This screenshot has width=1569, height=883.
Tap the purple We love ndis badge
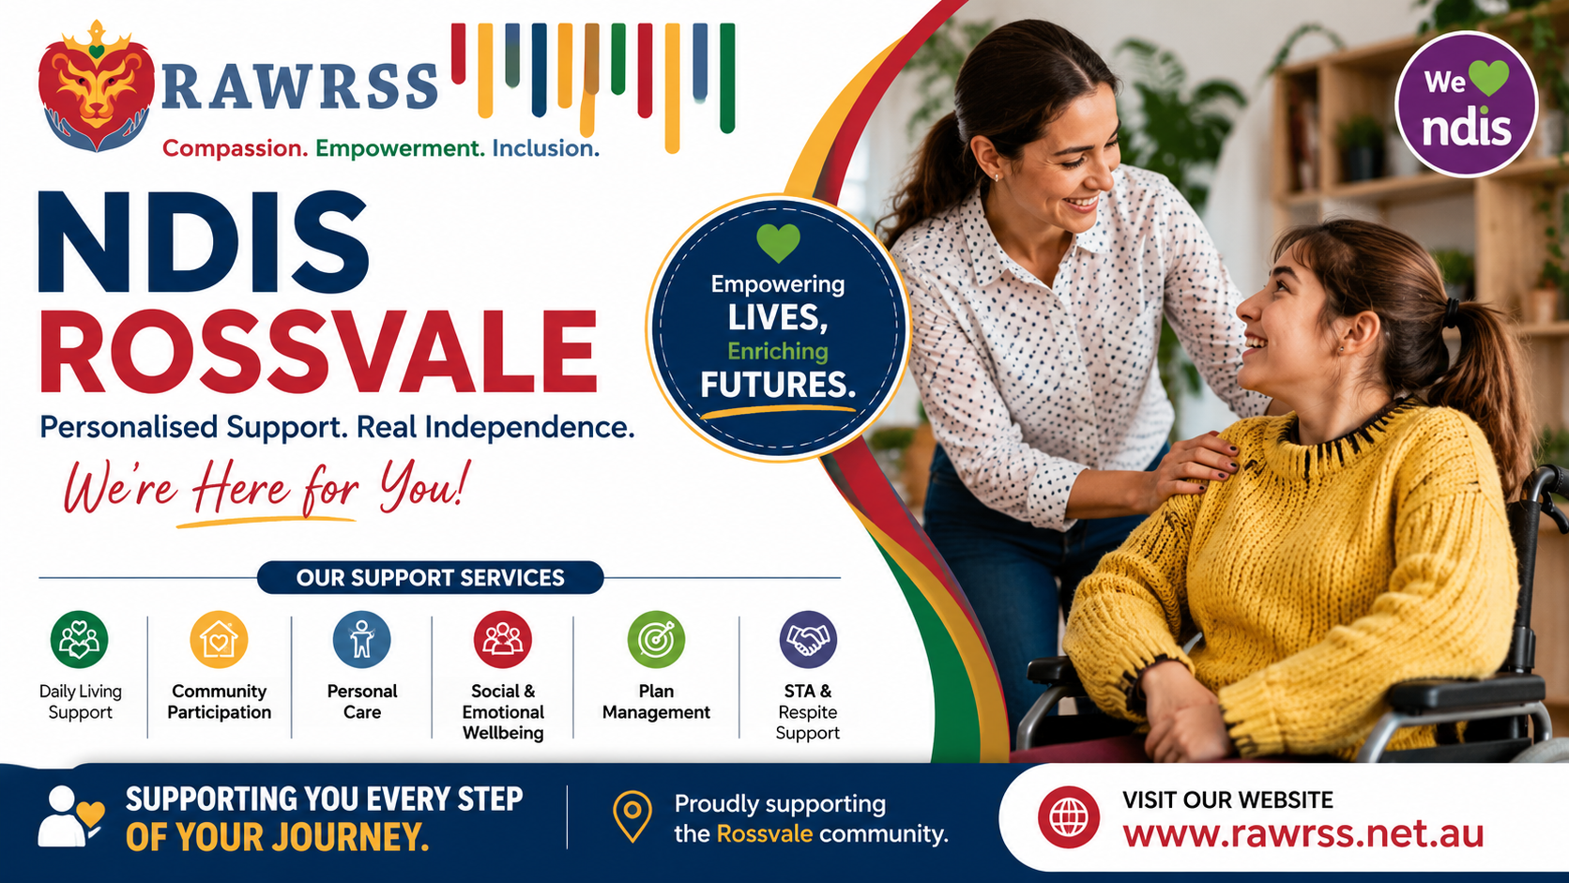[1466, 103]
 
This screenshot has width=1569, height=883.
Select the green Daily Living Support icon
[79, 639]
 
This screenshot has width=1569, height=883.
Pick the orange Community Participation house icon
[219, 639]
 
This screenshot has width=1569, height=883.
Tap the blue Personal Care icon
[361, 639]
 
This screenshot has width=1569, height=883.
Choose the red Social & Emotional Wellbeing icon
[502, 639]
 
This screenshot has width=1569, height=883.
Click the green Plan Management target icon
[656, 639]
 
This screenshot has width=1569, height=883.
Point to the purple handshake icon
[808, 639]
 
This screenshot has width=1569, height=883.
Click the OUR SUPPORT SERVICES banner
[430, 578]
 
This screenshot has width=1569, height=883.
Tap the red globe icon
[1068, 817]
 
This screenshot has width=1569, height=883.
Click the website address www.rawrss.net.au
[1302, 834]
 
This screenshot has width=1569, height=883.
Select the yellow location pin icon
[632, 816]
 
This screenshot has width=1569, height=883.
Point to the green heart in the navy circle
[778, 242]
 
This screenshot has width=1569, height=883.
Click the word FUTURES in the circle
[778, 385]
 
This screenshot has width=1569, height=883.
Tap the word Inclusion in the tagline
[545, 148]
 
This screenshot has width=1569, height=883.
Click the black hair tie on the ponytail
[1449, 312]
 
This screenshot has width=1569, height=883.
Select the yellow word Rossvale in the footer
[764, 834]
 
